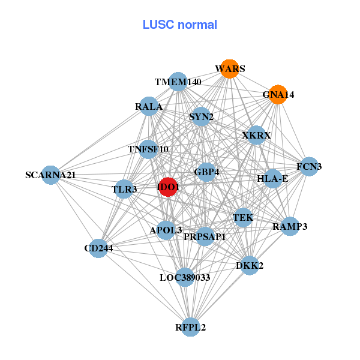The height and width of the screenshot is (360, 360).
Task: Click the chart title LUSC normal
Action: click(179, 25)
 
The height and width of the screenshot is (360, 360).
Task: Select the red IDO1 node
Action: click(168, 187)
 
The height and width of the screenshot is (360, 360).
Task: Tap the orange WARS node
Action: click(229, 69)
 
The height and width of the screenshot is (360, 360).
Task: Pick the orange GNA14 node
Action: click(277, 94)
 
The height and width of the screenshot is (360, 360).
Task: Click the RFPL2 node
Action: click(191, 327)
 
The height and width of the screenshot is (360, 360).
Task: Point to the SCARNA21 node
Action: click(51, 175)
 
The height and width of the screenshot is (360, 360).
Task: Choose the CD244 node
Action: click(98, 248)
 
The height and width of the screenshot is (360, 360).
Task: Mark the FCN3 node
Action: click(309, 166)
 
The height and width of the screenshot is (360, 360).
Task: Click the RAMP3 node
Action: click(290, 226)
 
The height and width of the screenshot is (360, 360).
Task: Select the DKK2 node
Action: click(250, 265)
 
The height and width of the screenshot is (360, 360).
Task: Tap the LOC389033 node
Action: click(185, 277)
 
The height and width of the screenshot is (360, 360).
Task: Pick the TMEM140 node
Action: click(178, 82)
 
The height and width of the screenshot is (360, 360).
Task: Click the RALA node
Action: click(149, 107)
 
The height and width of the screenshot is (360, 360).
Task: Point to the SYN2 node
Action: click(202, 116)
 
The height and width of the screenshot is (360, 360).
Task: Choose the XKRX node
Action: click(256, 136)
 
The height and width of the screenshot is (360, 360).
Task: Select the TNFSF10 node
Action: click(148, 149)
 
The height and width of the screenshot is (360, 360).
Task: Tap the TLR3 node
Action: click(124, 190)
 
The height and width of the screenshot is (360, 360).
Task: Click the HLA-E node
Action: click(272, 178)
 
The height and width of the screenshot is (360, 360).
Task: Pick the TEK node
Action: click(243, 217)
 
